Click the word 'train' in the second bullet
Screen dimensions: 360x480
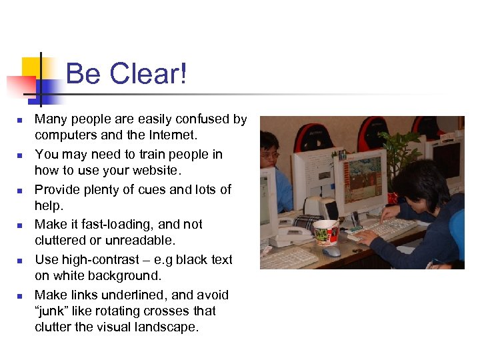156,155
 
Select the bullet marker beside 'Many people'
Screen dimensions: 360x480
20,120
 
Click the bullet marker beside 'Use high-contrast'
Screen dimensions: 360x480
20,261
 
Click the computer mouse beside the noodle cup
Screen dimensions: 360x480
331,251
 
